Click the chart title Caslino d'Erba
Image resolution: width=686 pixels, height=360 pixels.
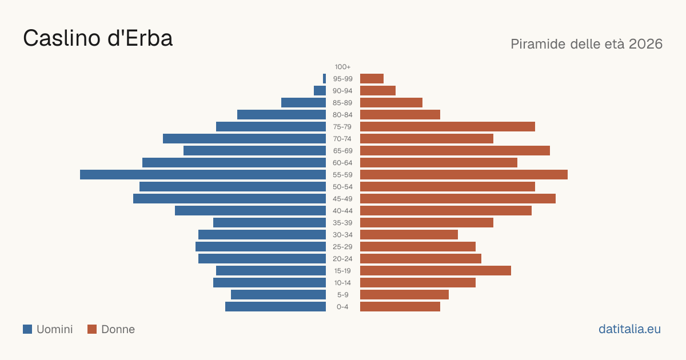coord(98,38)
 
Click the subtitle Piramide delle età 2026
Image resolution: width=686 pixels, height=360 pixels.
coord(587,44)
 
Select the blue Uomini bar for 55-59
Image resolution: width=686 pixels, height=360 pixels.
coord(203,174)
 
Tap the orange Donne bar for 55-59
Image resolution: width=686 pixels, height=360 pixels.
coord(464,174)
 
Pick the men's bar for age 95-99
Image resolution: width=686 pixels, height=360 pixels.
coord(324,79)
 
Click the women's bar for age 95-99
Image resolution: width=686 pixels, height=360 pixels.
coord(372,79)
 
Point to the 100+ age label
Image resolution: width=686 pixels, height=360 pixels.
coord(342,67)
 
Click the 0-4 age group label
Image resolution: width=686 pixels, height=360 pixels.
coord(342,307)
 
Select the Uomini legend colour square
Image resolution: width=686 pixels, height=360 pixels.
coord(27,329)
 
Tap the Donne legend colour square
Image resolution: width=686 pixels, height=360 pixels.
coord(92,329)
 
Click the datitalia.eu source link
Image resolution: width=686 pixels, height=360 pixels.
coord(629,329)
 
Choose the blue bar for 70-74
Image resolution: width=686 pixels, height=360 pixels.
coord(245,139)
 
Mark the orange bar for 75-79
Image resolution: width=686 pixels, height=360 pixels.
coord(448,127)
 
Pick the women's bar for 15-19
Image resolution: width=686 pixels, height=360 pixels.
coord(436,271)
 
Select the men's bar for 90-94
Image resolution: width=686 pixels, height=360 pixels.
coord(320,91)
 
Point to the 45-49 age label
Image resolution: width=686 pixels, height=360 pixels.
coord(342,199)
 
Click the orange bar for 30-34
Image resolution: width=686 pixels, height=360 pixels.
coord(409,235)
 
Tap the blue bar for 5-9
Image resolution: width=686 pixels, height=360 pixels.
coord(278,294)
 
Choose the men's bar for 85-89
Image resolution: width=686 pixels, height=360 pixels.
coord(304,102)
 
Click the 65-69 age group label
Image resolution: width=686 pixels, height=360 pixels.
coord(342,151)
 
